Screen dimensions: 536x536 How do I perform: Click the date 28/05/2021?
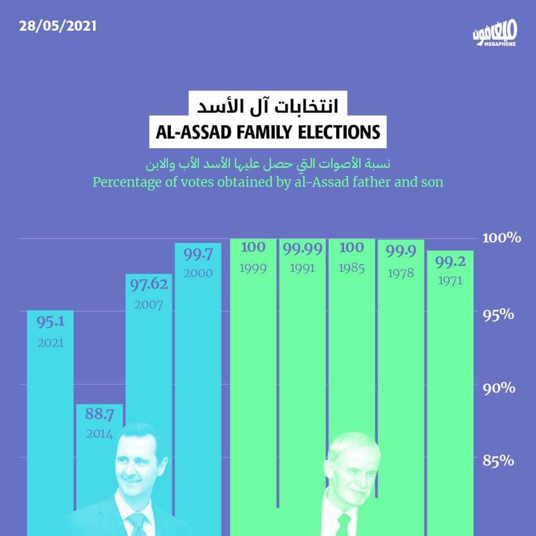tap(58, 27)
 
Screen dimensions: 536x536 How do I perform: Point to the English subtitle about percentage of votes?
tap(268, 182)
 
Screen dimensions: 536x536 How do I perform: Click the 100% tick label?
tap(501, 238)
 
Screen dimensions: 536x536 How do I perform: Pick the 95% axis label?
tap(499, 314)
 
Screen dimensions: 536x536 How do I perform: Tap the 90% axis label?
tap(499, 387)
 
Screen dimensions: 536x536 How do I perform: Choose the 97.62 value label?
tap(149, 285)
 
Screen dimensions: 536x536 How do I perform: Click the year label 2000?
tap(198, 274)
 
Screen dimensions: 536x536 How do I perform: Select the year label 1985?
tap(351, 269)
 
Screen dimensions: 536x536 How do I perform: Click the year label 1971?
tap(449, 281)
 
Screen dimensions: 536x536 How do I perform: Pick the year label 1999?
tap(253, 269)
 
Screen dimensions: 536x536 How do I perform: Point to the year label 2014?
tap(99, 433)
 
